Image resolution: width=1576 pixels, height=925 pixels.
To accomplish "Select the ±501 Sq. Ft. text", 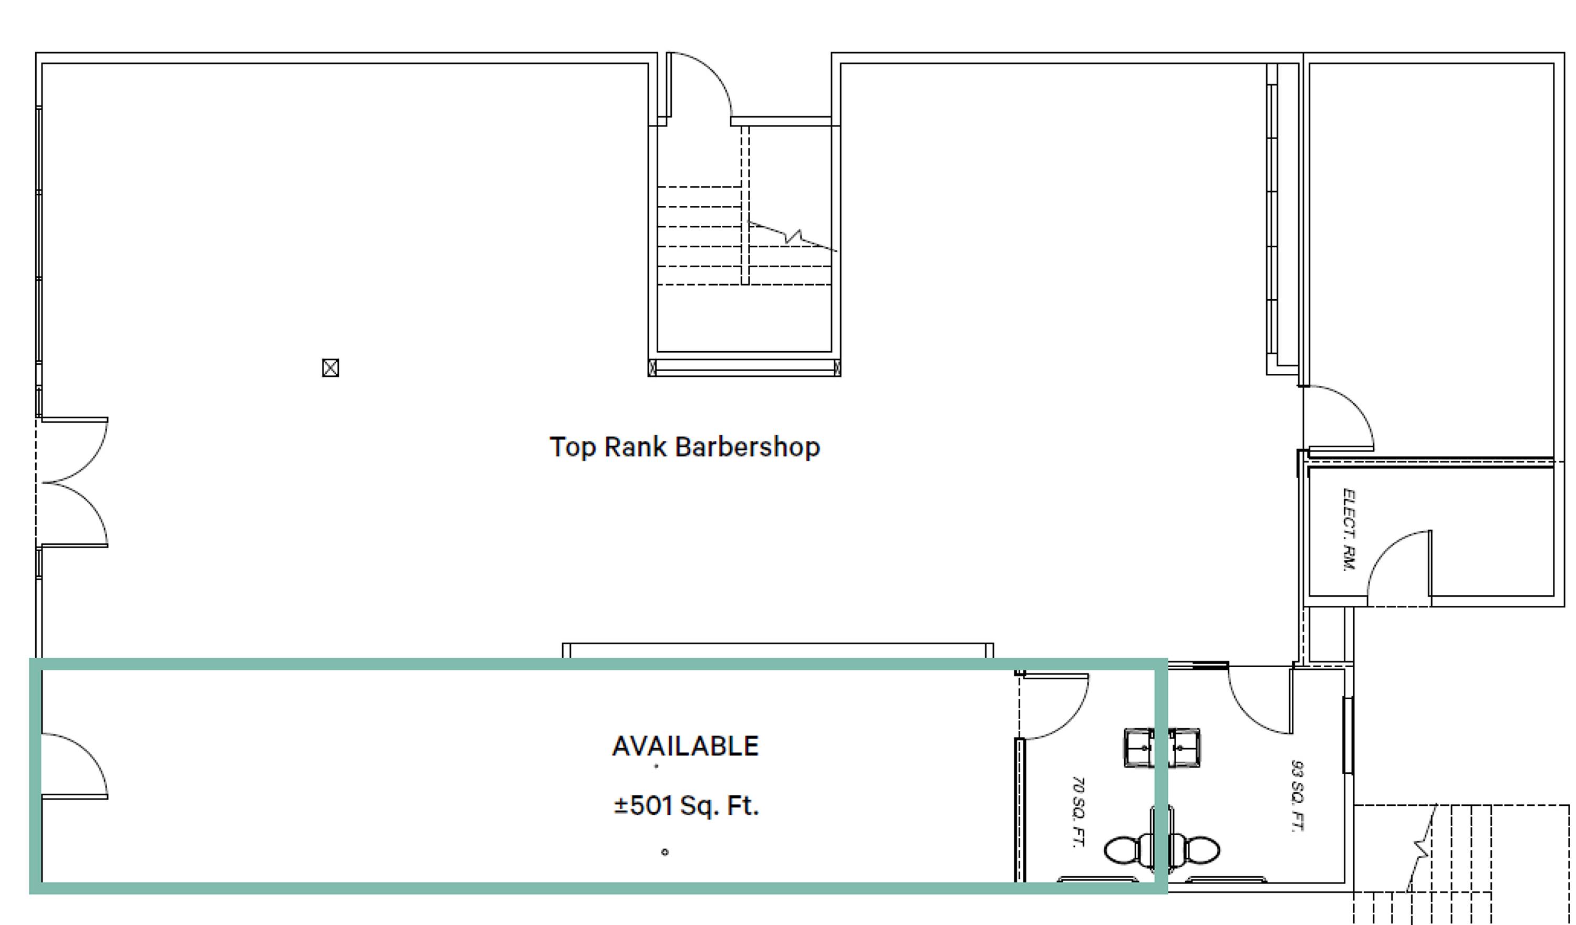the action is [x=686, y=806].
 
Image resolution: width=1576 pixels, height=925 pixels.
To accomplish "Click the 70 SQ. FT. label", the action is [x=1077, y=812].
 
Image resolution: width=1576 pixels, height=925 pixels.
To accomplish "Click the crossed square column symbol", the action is [x=330, y=367].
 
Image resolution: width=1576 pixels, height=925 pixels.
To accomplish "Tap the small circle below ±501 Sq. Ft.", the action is [x=665, y=852].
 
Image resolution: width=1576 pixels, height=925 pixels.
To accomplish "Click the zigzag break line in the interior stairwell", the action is [x=792, y=236].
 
